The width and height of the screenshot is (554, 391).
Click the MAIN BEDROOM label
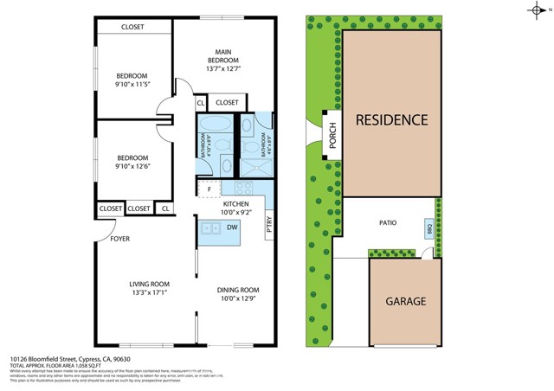point(222,59)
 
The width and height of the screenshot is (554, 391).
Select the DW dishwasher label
point(231,228)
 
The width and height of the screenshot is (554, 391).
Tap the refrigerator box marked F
point(209,188)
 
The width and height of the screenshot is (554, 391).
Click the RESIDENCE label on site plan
point(392,119)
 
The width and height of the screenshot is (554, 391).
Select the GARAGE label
point(405,302)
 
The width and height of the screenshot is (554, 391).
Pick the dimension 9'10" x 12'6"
point(133,167)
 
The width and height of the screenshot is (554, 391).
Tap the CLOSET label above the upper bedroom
point(132,27)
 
